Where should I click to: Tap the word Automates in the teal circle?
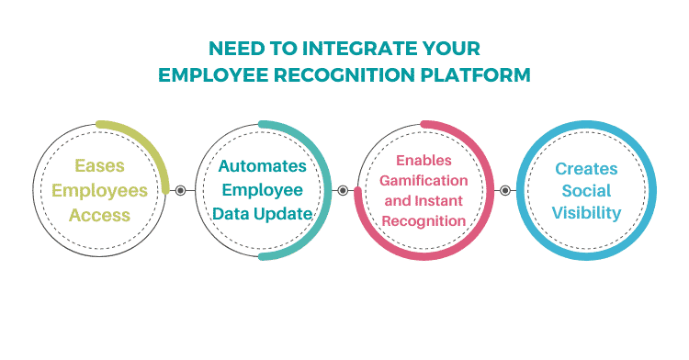262,167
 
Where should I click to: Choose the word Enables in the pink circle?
424,160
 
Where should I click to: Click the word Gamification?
424,180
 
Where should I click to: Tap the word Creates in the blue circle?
586,168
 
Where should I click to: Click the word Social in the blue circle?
586,191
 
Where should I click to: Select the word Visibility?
586,213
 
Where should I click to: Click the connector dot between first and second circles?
180,191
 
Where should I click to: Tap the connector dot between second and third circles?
343,191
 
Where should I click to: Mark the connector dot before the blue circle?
504,191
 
